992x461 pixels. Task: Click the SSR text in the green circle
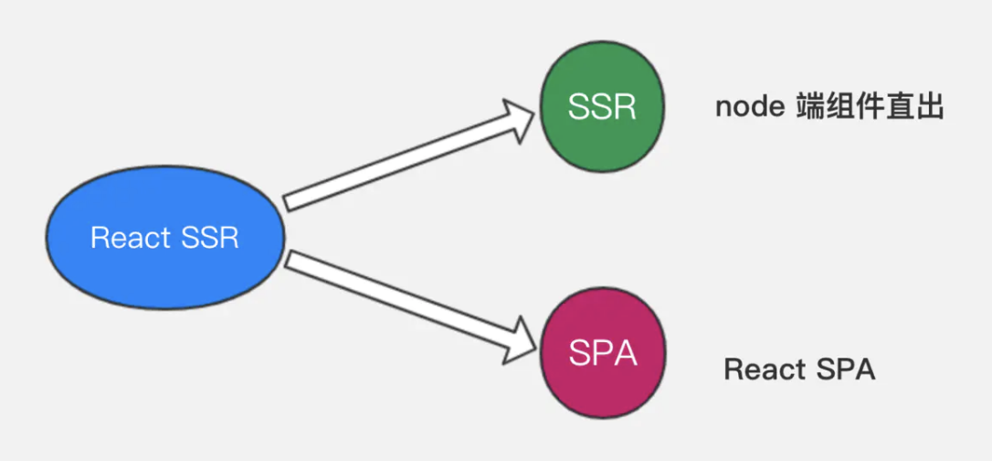pyautogui.click(x=602, y=107)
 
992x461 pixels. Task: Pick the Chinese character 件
pyautogui.click(x=869, y=107)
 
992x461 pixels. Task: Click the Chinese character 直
pyautogui.click(x=905, y=107)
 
